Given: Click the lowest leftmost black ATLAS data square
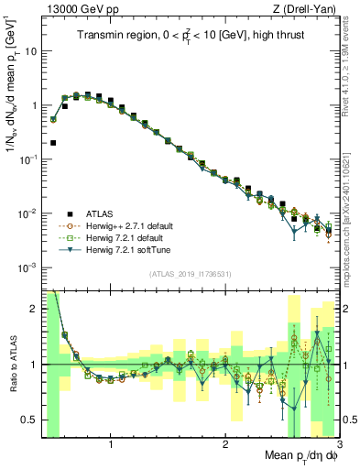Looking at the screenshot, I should pyautogui.click(x=53, y=143).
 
